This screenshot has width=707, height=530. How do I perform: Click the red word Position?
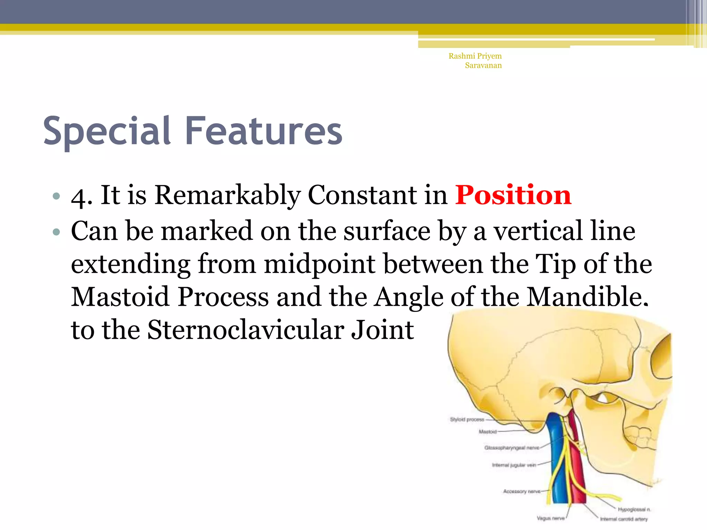[x=513, y=195]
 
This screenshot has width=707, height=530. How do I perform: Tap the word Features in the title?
[x=264, y=131]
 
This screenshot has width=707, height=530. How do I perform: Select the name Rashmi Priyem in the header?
[x=475, y=56]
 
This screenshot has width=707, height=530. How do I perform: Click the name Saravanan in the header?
[x=483, y=66]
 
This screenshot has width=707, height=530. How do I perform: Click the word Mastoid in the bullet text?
[x=120, y=297]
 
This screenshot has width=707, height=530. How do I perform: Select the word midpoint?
[x=319, y=264]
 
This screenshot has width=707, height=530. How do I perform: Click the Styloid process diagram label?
[x=467, y=420]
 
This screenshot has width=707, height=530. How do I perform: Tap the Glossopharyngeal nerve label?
[x=512, y=448]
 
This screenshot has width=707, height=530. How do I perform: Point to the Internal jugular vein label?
[x=514, y=465]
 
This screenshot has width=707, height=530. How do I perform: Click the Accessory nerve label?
[x=521, y=491]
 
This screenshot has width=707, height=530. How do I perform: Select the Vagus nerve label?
[x=550, y=518]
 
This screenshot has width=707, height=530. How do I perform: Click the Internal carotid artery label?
[x=623, y=519]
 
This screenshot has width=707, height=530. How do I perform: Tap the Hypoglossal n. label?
[x=634, y=509]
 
